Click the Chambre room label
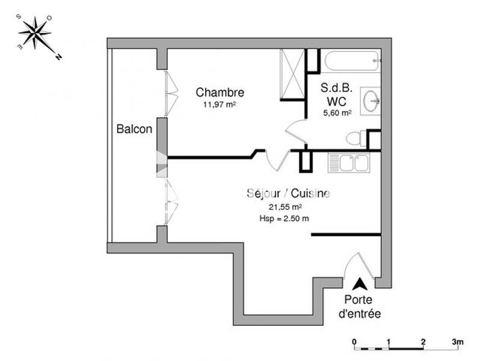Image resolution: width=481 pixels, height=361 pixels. (220, 93)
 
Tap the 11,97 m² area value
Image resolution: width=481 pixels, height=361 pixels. (219, 105)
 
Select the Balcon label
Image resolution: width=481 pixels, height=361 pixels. (134, 129)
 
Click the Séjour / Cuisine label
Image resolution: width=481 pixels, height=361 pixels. (288, 193)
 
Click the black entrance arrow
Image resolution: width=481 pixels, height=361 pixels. (360, 284)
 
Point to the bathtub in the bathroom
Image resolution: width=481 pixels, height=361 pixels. (352, 61)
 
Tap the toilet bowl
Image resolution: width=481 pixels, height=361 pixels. (355, 138)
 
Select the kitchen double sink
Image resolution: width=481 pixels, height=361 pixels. (348, 162)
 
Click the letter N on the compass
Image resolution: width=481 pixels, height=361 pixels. (59, 58)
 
